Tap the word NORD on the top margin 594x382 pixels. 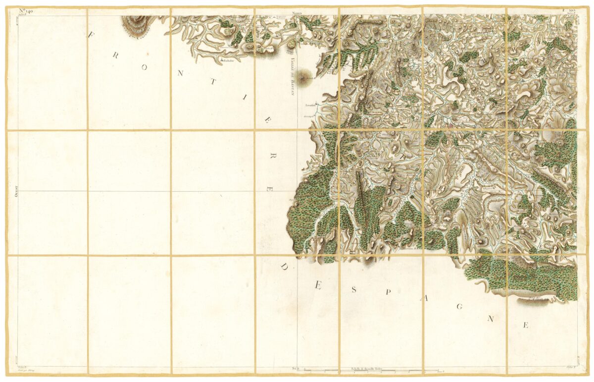coord(297,11)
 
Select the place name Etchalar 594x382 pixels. coord(228,60)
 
